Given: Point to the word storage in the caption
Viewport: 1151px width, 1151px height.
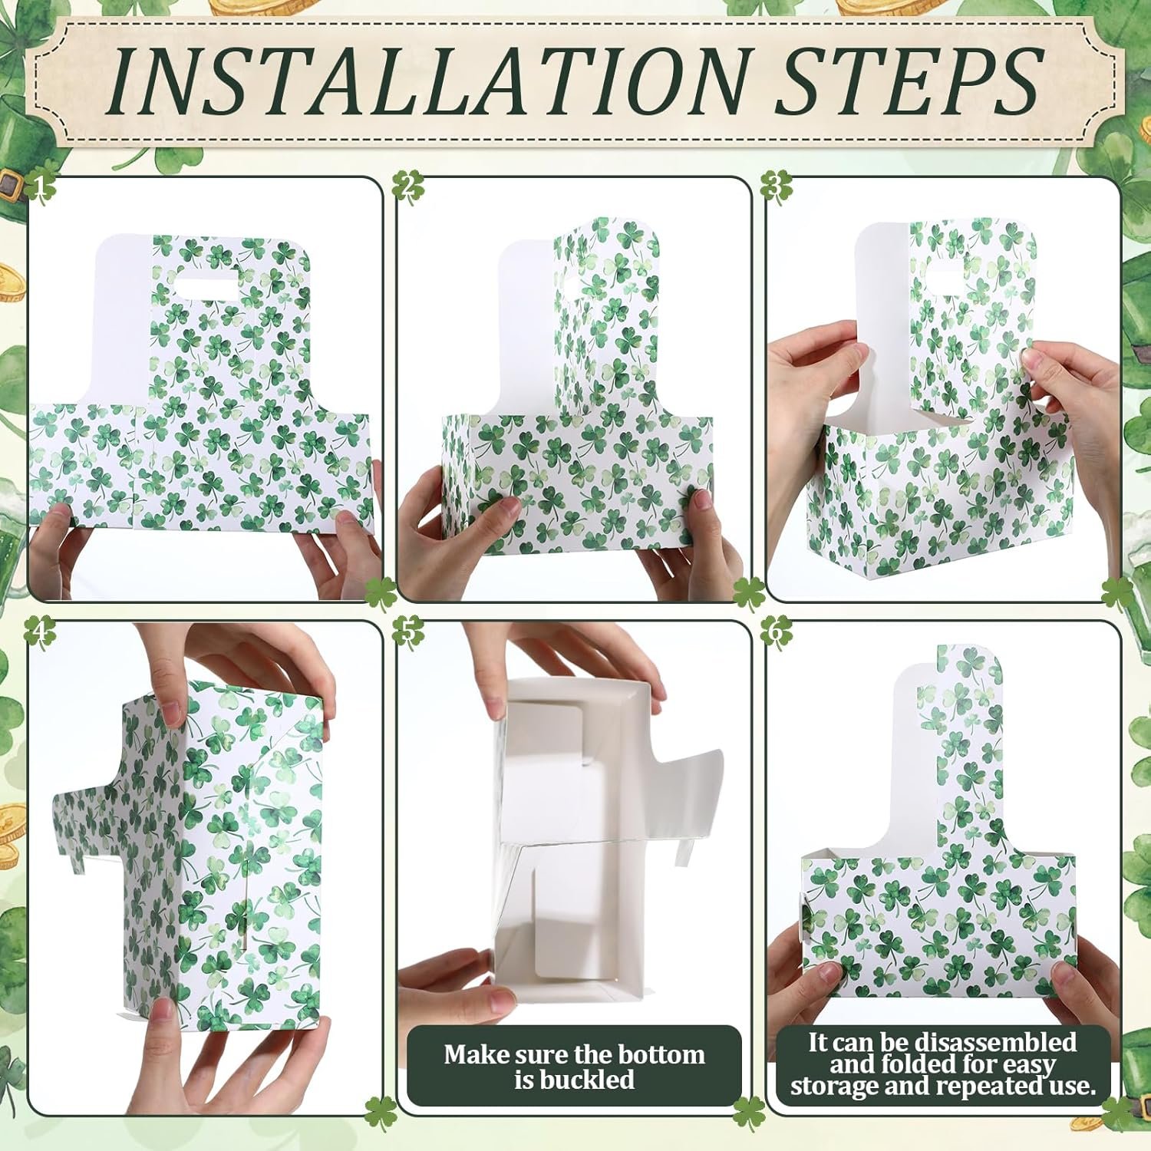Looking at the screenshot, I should [x=836, y=1086].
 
